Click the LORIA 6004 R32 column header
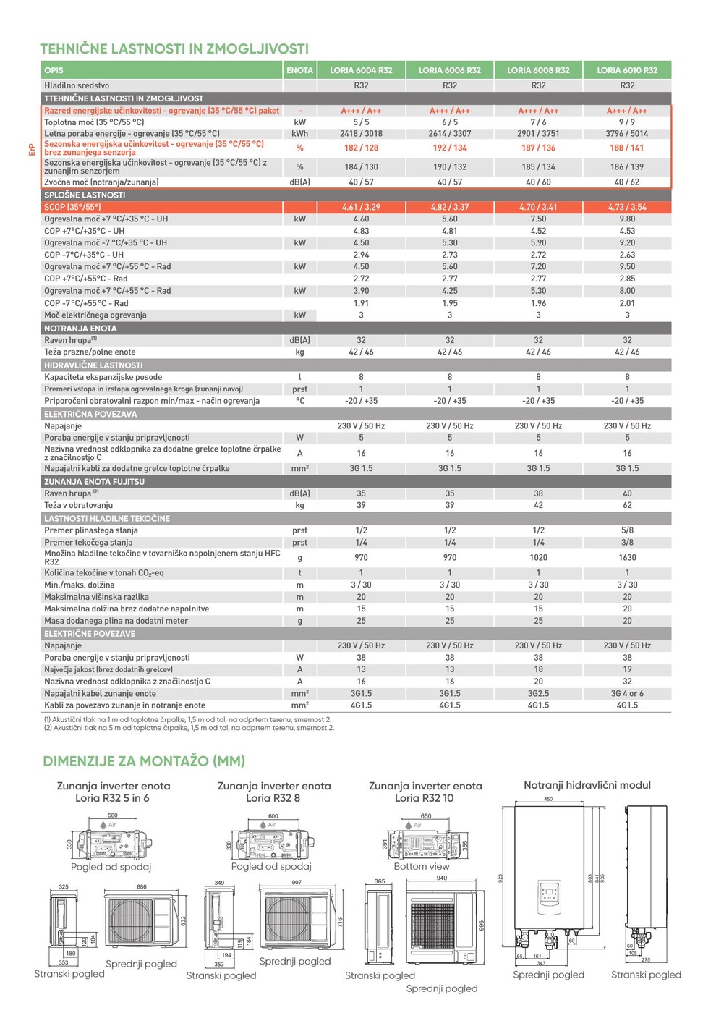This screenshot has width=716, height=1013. [361, 70]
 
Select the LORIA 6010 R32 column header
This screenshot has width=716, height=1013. [627, 70]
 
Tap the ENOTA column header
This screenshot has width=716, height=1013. [299, 70]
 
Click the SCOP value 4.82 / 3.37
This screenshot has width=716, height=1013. [450, 207]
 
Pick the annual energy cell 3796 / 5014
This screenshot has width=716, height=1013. [627, 133]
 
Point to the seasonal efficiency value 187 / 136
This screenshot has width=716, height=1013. [538, 148]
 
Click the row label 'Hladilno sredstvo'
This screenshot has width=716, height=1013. [77, 85]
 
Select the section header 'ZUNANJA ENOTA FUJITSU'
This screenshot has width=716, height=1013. [94, 481]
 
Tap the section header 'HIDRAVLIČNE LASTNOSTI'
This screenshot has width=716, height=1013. [93, 365]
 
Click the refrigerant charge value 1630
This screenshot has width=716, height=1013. [627, 557]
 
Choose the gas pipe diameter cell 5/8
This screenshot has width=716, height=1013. [627, 530]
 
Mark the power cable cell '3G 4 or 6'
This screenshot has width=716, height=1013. [627, 693]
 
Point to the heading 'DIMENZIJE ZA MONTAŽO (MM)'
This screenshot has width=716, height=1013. [144, 761]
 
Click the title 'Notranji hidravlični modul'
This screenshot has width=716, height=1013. [587, 785]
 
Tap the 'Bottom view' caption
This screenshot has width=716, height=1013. [422, 866]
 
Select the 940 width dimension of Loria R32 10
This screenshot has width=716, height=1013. [442, 878]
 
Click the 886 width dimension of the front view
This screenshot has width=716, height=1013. [142, 886]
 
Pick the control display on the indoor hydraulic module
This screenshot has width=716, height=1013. [549, 894]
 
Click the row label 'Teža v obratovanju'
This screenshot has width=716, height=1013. [79, 505]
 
